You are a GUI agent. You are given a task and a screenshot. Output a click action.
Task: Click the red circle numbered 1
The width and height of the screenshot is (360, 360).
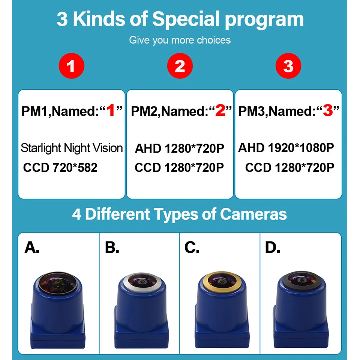click(x=71, y=66)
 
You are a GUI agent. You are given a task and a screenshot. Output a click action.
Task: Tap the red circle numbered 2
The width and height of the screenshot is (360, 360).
click(x=180, y=66)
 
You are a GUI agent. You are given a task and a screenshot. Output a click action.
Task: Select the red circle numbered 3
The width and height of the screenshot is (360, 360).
click(x=288, y=66)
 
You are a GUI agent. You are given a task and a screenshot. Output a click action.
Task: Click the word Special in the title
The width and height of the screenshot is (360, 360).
click(x=186, y=19)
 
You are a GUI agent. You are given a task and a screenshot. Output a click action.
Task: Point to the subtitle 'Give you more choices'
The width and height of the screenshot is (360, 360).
click(x=180, y=40)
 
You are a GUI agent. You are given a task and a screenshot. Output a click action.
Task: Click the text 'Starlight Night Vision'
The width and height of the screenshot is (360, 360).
click(x=72, y=148)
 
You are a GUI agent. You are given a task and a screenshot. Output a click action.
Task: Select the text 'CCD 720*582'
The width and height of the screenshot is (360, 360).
click(x=60, y=167)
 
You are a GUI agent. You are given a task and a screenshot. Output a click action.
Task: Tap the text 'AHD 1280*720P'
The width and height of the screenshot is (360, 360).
click(x=179, y=148)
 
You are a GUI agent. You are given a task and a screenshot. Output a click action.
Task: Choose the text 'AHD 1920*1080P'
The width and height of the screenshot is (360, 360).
click(x=286, y=148)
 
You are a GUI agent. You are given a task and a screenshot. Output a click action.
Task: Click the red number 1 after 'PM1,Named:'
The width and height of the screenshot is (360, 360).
click(x=111, y=110)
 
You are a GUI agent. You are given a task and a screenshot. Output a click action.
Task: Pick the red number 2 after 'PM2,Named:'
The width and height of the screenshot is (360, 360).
click(x=220, y=110)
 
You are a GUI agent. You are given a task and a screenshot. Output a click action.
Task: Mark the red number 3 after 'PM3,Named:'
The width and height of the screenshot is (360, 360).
click(x=328, y=110)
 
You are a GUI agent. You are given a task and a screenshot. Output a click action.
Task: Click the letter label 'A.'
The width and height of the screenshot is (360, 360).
click(x=32, y=247)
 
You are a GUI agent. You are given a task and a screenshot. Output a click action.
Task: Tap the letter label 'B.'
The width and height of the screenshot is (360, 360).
click(x=112, y=247)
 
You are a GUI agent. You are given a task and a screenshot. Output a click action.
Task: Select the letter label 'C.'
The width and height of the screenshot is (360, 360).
click(x=192, y=247)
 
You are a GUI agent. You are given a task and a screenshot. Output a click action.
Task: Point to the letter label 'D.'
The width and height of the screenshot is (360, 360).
click(x=273, y=247)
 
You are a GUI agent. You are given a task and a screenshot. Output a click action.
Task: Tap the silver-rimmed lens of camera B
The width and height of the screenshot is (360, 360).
click(x=141, y=282)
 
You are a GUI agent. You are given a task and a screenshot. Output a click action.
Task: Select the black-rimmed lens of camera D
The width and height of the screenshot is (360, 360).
click(x=301, y=280)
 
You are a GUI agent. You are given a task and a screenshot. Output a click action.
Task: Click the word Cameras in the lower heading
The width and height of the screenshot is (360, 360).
click(x=253, y=214)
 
